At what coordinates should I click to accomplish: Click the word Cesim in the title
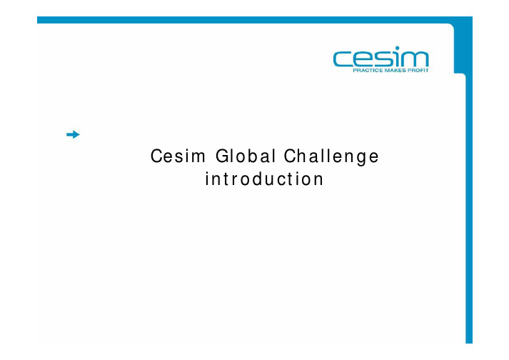tap(178, 156)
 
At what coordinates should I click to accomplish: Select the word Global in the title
tap(246, 156)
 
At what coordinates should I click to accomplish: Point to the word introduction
tap(264, 179)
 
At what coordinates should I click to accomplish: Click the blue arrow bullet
tap(73, 134)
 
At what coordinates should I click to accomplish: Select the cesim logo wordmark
tap(381, 58)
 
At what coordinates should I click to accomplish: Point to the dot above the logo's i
tap(398, 48)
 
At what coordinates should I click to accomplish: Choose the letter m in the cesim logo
tap(415, 59)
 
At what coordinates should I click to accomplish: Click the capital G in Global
tap(222, 156)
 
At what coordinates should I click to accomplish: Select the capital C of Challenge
tap(291, 156)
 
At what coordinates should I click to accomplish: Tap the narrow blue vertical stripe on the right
tap(469, 208)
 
